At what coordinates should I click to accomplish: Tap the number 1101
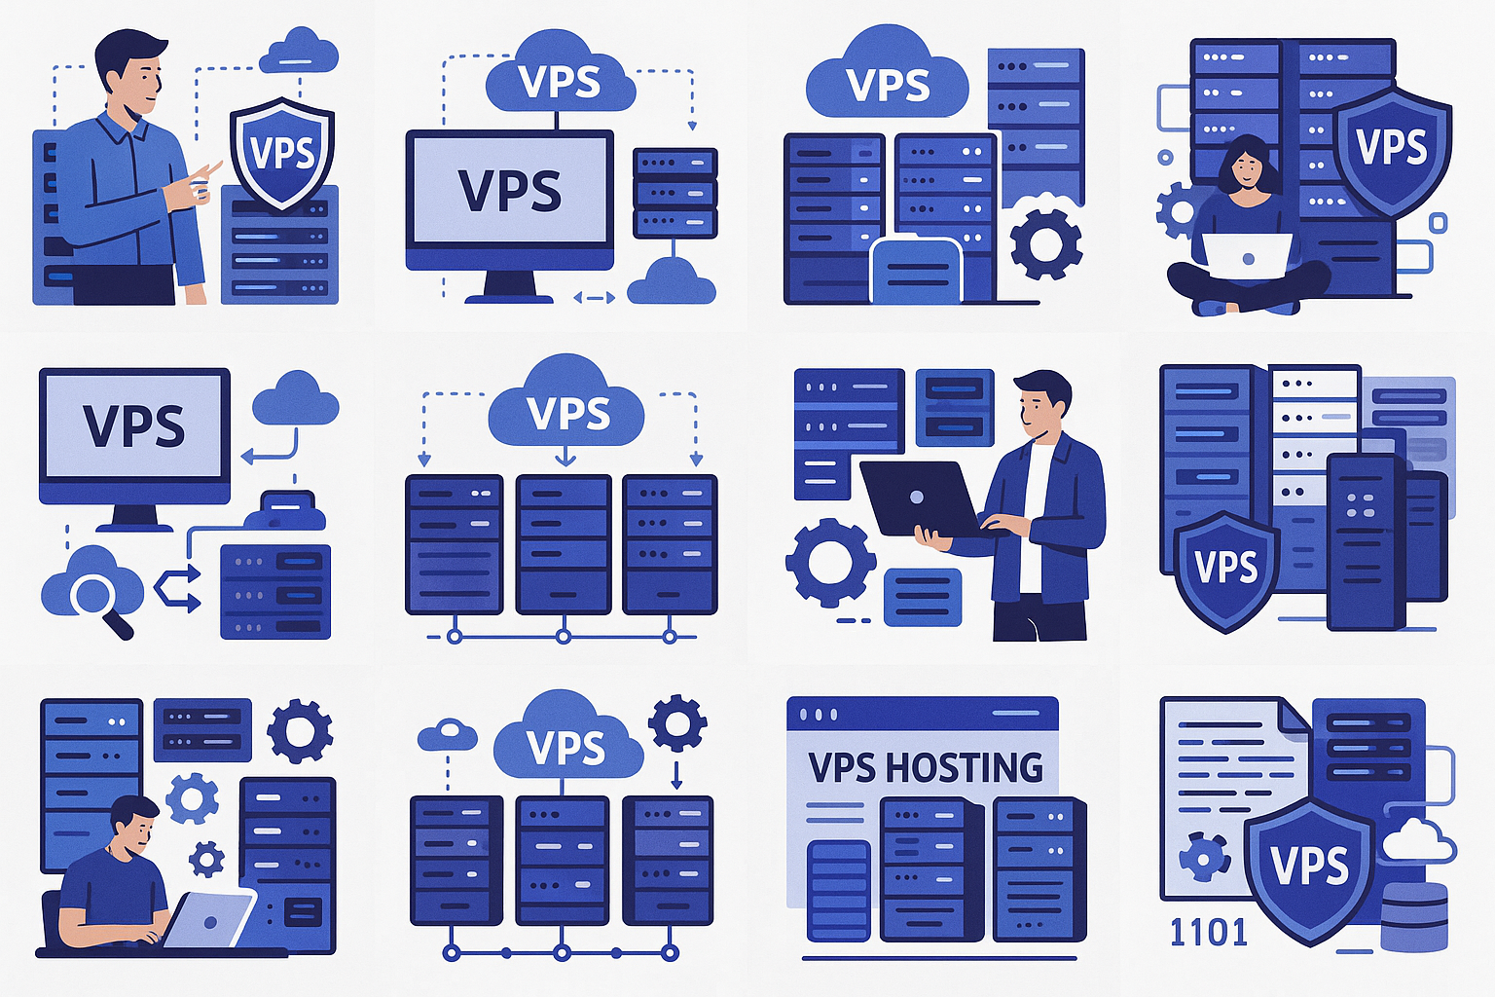click(x=1209, y=932)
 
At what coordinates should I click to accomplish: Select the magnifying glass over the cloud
click(x=101, y=603)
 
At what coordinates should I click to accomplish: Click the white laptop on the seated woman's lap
click(x=1247, y=256)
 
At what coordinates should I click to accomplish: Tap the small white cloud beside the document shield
click(x=1417, y=840)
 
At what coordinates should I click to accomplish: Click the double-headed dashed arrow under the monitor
click(x=594, y=298)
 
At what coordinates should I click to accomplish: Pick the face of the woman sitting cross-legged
click(x=1246, y=171)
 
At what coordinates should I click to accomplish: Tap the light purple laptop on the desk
click(x=208, y=919)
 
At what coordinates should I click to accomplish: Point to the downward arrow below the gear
click(x=675, y=775)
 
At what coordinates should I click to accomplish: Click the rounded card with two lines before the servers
click(x=916, y=271)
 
